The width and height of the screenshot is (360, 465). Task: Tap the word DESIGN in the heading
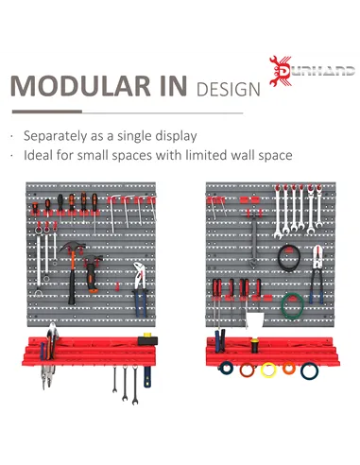click(x=228, y=90)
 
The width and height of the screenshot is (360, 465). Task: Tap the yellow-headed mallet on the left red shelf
click(x=145, y=337)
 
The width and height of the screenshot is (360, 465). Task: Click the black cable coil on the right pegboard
click(x=288, y=256)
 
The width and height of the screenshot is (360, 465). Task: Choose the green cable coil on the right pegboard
click(x=293, y=304)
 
